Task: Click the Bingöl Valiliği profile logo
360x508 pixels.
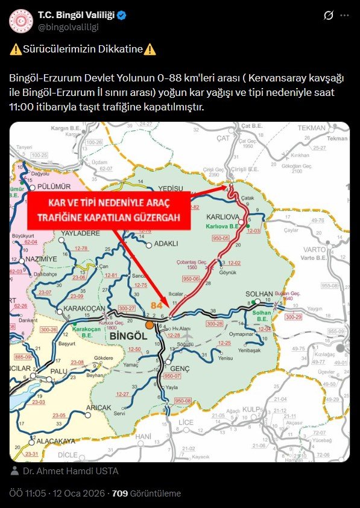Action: click(21, 21)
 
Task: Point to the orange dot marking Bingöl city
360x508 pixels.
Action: click(149, 325)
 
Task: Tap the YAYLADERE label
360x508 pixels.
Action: click(80, 233)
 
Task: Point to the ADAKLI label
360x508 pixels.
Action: click(166, 244)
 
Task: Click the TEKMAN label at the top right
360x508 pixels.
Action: click(311, 129)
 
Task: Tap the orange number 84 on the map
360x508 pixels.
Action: click(157, 306)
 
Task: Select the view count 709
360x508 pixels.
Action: click(120, 493)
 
